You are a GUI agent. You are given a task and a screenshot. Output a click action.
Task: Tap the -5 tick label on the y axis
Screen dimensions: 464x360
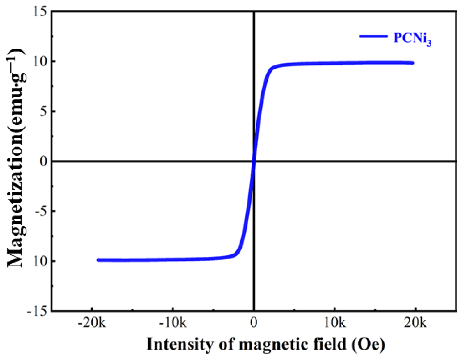(x=40, y=211)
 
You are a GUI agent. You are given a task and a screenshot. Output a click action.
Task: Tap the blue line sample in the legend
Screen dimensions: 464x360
(x=373, y=36)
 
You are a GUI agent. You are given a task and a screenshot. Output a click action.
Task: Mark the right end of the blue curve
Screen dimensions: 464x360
(x=412, y=63)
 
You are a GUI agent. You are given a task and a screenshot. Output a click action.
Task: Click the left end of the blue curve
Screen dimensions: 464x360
(x=98, y=260)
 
